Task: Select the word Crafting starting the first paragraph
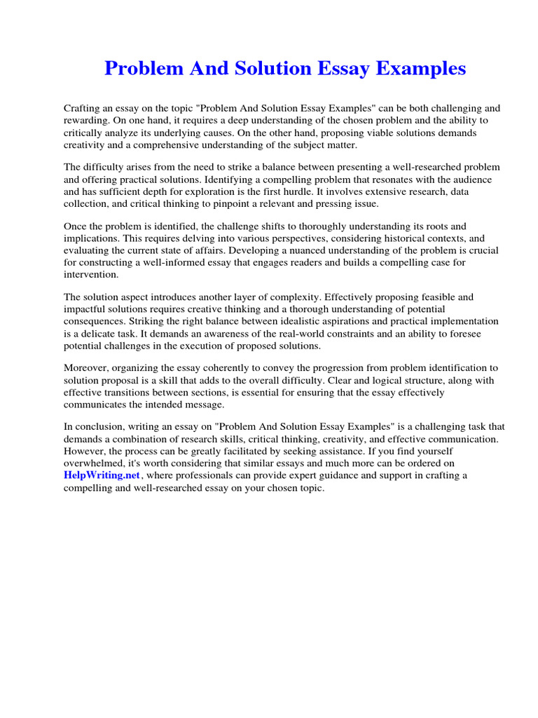click(x=84, y=109)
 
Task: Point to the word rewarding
click(x=87, y=120)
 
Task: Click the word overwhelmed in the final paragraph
click(x=95, y=463)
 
